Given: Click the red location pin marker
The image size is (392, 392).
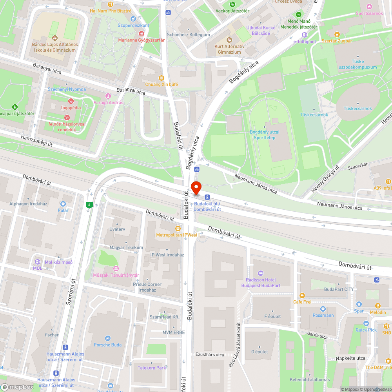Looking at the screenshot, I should click(x=196, y=188).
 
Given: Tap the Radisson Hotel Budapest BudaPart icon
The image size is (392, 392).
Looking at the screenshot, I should click(x=261, y=273).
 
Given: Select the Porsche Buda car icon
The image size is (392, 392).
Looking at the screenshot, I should click(x=107, y=338).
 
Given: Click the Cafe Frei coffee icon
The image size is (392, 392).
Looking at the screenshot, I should click(x=302, y=296).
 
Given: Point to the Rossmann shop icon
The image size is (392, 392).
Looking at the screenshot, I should click(x=323, y=309).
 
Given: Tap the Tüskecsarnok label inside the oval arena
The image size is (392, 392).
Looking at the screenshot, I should click(x=358, y=109).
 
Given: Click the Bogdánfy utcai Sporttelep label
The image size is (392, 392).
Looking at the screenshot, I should click(x=265, y=135).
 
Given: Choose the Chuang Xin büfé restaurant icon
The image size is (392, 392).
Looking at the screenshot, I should click(x=162, y=78).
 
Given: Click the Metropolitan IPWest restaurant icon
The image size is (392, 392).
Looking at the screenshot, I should click(x=178, y=228).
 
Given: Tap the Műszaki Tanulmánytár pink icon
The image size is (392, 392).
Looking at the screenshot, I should click(x=116, y=269).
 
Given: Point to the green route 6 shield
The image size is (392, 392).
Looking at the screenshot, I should click(x=90, y=205).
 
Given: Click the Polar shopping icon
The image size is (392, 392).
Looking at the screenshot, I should click(x=63, y=204).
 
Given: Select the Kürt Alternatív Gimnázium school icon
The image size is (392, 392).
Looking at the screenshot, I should click(x=229, y=40).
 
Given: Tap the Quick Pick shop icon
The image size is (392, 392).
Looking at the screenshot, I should click(x=366, y=323).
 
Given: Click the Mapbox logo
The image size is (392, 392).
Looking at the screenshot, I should click(x=18, y=387).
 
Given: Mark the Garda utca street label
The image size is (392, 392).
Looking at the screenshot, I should click(x=318, y=336).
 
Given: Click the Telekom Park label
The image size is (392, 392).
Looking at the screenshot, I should click(x=152, y=368).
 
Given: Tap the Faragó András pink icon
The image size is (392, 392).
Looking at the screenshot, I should click(x=108, y=96).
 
